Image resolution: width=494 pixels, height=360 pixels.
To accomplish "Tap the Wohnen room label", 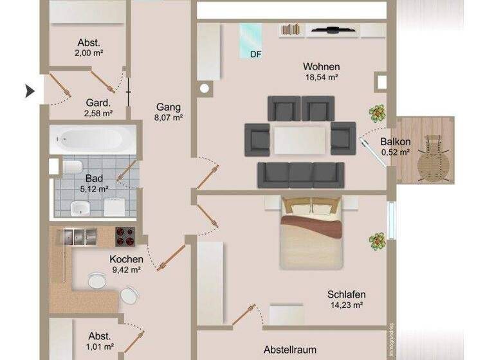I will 321,66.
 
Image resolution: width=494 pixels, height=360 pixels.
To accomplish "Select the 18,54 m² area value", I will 321,76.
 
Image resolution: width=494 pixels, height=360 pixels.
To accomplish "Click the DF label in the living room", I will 256,55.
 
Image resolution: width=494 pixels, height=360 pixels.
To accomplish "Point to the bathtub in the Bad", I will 93,138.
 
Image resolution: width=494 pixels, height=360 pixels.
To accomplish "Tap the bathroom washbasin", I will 80,207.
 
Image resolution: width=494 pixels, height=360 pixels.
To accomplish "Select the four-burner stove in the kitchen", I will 125,237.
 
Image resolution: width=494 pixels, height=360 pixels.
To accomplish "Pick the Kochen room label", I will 126,259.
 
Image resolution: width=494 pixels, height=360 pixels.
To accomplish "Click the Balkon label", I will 395,142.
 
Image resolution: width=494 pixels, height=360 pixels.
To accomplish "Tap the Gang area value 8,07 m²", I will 169,118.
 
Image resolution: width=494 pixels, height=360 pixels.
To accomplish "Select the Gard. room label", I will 98,102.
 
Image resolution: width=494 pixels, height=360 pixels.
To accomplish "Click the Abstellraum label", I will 290,350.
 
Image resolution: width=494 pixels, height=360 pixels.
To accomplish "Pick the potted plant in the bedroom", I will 377,241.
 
